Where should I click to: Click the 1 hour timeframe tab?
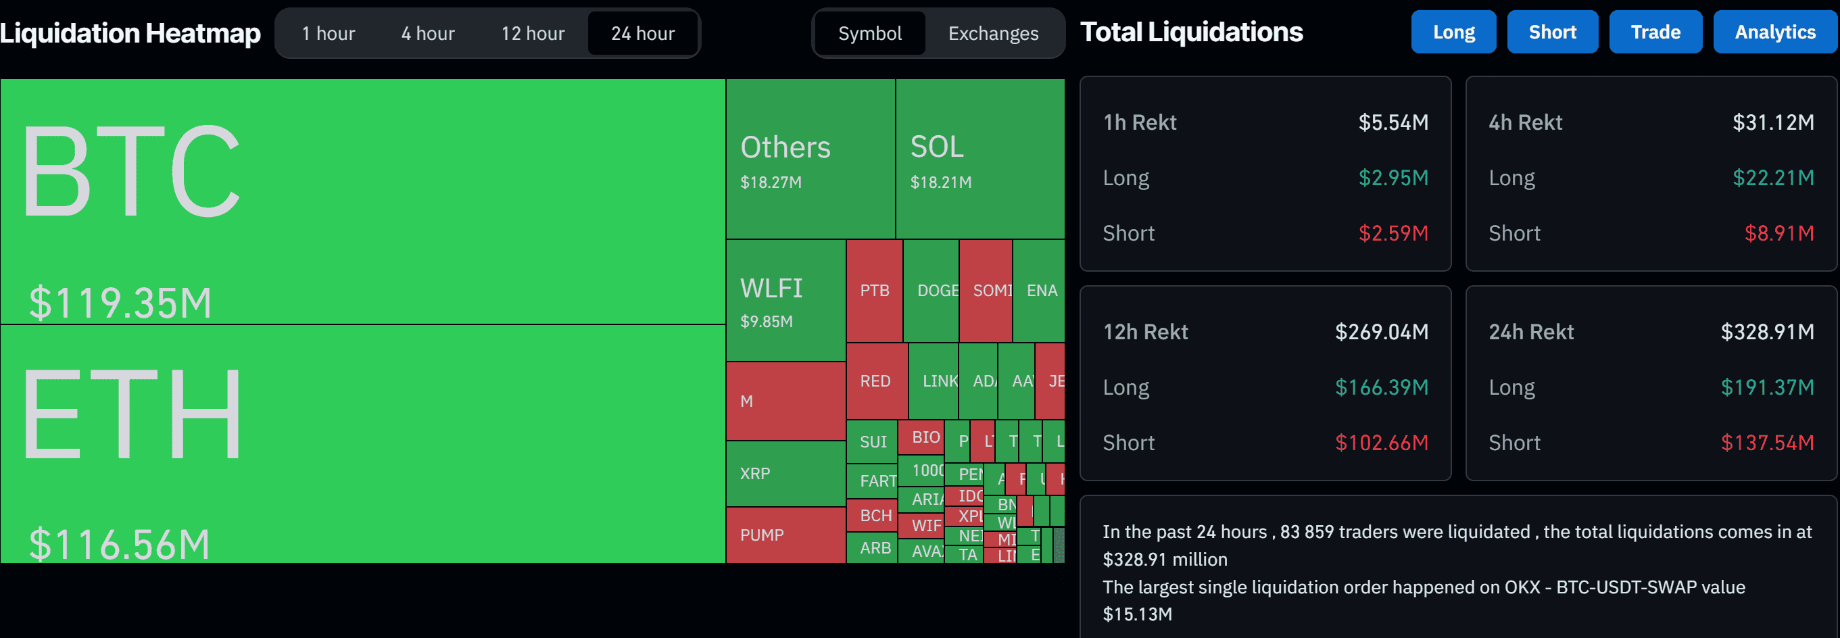click(x=328, y=34)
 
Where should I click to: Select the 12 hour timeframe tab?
click(x=532, y=34)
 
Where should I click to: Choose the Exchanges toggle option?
click(x=993, y=34)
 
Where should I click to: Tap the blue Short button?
click(x=1551, y=32)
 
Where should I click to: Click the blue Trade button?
click(x=1655, y=32)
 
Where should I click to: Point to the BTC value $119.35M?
click(x=120, y=302)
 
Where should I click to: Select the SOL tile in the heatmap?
click(x=979, y=159)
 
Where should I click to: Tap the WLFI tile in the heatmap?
click(x=785, y=300)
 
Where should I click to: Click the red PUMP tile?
click(x=785, y=535)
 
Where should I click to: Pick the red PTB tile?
click(x=874, y=291)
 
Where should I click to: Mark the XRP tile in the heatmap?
click(x=785, y=474)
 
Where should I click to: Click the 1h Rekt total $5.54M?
click(x=1393, y=123)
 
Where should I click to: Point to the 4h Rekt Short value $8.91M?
click(x=1778, y=234)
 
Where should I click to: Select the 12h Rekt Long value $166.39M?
click(x=1382, y=387)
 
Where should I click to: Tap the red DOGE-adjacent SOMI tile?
click(x=986, y=291)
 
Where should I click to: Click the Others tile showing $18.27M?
click(x=810, y=159)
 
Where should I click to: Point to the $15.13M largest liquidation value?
click(x=1137, y=614)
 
